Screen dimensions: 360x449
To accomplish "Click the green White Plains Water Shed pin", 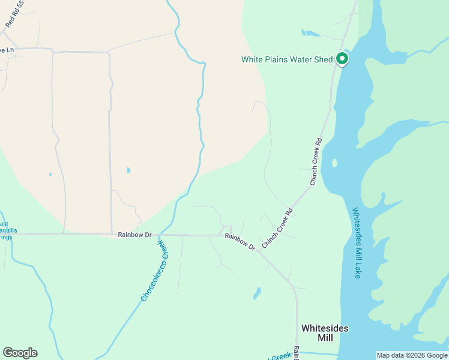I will click(342, 59).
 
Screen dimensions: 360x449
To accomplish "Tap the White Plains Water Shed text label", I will click(287, 59).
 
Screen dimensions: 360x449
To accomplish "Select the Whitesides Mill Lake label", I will click(357, 243).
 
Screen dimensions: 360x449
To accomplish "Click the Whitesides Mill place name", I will click(325, 333).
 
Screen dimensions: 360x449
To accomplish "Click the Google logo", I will click(20, 353).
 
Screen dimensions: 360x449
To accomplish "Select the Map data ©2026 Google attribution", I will click(411, 355).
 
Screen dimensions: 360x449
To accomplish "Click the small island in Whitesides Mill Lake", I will click(334, 163).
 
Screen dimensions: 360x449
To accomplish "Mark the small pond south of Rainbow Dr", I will click(258, 293).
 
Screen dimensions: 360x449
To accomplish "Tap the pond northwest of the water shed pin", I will click(311, 34).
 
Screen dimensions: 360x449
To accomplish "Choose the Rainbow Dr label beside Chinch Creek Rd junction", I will click(240, 241).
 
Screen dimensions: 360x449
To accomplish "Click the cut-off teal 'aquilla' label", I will click(8, 230).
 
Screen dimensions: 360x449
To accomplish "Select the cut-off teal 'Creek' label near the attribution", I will click(280, 358).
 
